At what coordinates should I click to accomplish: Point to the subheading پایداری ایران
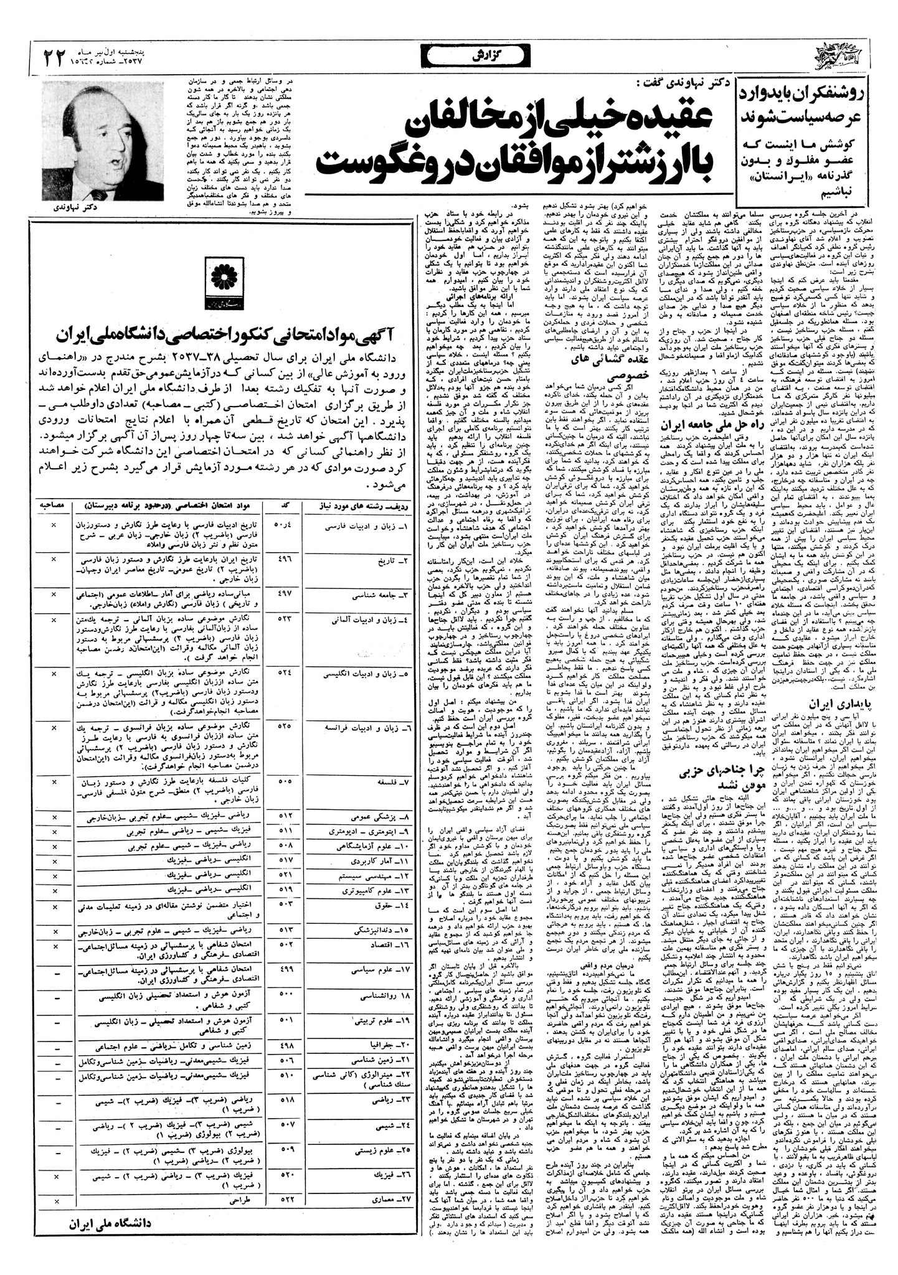point(833,704)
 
